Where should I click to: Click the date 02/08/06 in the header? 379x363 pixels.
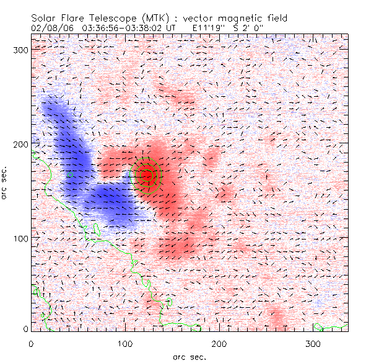click(50, 28)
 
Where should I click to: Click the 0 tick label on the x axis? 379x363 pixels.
click(31, 343)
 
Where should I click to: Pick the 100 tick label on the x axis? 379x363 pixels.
click(126, 343)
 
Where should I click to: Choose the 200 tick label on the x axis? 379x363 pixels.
click(220, 343)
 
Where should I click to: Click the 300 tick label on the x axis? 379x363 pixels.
click(314, 343)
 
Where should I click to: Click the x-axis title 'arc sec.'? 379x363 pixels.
click(189, 356)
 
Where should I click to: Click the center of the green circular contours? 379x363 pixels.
click(147, 175)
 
